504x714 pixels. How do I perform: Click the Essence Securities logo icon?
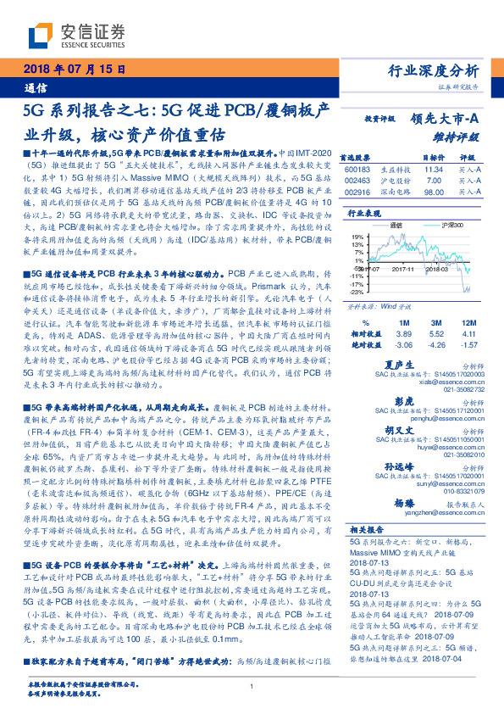[38, 36]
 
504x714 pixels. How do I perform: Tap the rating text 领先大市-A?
[442, 120]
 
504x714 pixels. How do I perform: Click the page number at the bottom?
[252, 686]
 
